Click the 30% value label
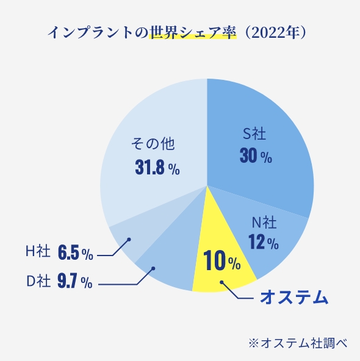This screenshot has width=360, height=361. [256, 157]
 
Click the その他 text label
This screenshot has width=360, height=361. [153, 145]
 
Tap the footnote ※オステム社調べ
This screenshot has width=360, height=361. [297, 343]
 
